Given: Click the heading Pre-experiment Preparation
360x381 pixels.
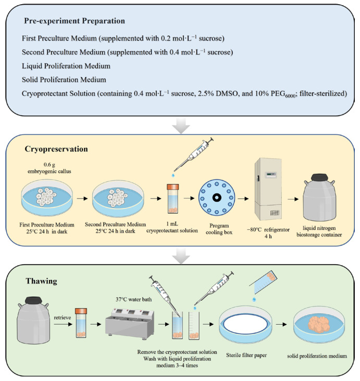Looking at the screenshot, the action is pos(75,21).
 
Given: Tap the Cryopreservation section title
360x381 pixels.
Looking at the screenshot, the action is pos(56,149).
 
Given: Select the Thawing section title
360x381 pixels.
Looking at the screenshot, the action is pos(41,281).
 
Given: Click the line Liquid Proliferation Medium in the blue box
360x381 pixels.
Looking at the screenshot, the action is pos(66,66).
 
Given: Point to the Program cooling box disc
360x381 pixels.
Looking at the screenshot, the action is pos(217,198).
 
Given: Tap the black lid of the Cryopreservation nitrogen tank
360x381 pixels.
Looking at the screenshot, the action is pos(319,178).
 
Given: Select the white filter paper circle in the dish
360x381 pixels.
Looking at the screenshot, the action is pos(246,325).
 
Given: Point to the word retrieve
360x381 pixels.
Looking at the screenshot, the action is pos(63,317).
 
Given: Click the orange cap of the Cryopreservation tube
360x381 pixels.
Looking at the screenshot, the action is pos(173,187).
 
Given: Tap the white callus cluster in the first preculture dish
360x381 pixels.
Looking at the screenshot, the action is pos(46,196).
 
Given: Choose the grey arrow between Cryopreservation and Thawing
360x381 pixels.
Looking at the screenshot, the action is pos(181,255).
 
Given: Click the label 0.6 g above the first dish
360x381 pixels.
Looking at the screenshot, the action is pos(49,165).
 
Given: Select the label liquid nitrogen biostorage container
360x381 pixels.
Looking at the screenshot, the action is pos(319,231).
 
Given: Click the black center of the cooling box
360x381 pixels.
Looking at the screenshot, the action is pos(217,198).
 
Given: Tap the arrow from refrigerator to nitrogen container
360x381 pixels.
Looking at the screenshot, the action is pos(293,199).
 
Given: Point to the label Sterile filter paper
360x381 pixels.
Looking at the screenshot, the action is pos(246,355).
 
